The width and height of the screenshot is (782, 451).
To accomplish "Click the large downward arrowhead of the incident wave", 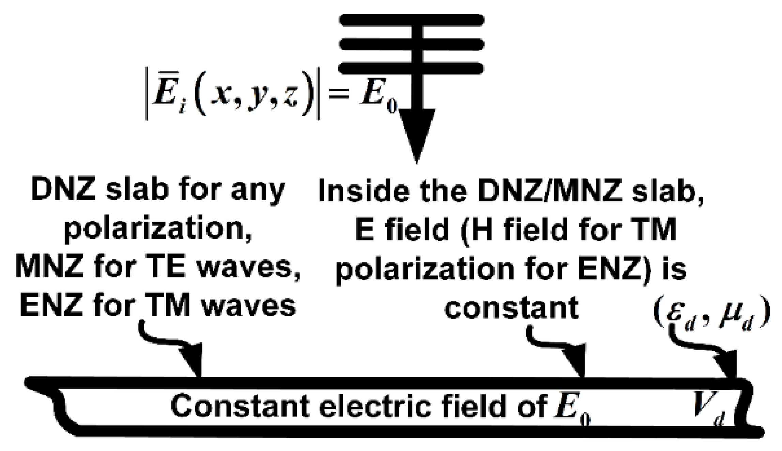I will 416,133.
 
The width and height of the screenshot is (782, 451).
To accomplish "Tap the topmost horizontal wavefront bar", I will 412,20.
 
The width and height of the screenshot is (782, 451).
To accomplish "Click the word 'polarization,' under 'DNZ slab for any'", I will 158,229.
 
